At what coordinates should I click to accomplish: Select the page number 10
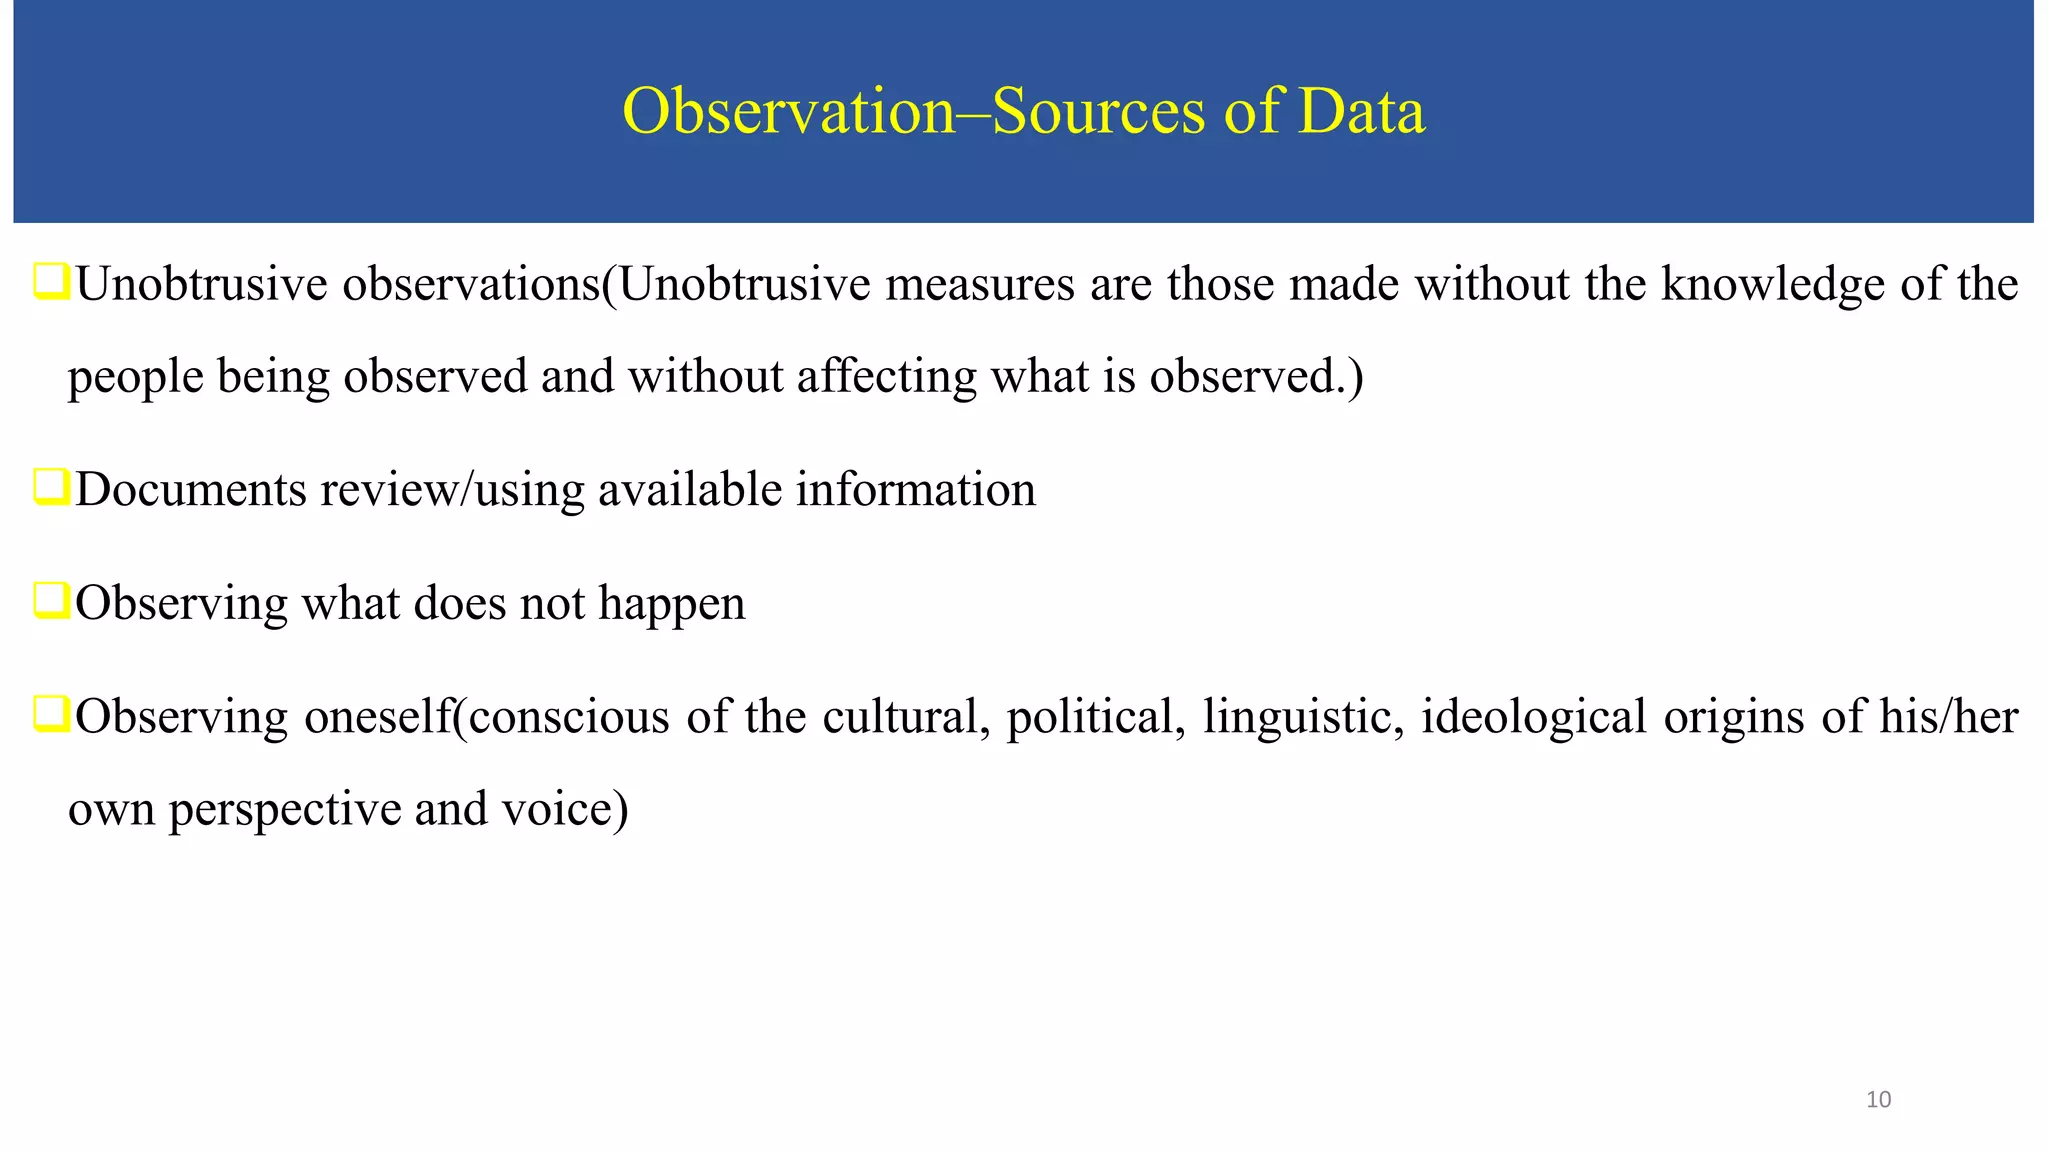click(1878, 1100)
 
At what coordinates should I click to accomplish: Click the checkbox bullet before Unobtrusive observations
click(51, 282)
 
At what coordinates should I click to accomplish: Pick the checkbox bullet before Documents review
click(51, 487)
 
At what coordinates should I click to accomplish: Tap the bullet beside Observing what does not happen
click(51, 601)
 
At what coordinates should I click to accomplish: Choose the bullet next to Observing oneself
click(51, 715)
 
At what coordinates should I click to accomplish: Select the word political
click(1090, 718)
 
